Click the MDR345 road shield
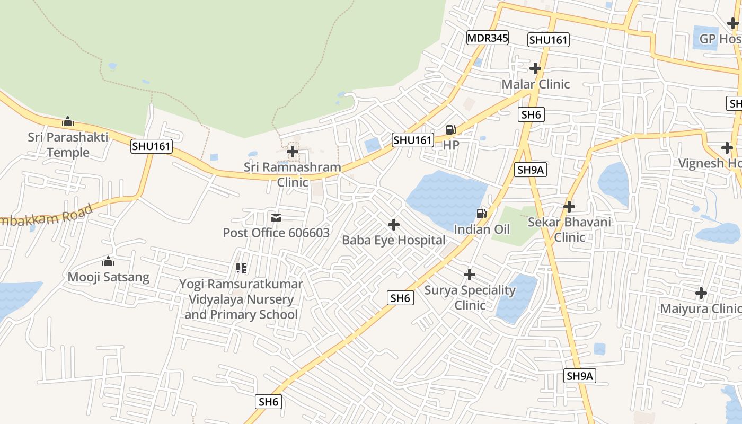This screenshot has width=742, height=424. (x=487, y=38)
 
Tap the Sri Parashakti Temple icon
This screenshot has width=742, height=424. (x=67, y=122)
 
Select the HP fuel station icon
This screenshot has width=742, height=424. (x=450, y=130)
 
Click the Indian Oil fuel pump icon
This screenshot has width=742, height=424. (x=481, y=214)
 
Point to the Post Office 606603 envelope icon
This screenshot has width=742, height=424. (x=276, y=218)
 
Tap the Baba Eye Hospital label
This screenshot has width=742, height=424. (x=393, y=240)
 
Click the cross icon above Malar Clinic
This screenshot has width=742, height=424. (x=535, y=68)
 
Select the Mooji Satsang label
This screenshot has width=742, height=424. (x=108, y=277)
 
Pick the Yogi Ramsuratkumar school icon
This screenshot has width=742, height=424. (x=241, y=268)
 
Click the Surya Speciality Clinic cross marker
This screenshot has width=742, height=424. (x=469, y=275)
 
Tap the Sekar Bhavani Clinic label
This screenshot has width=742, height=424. (x=569, y=229)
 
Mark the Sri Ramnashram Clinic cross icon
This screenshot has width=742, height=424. (x=292, y=152)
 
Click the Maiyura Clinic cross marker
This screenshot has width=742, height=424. (x=701, y=293)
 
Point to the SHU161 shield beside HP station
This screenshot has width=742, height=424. (x=413, y=140)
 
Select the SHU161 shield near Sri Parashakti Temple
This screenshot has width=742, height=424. (x=152, y=146)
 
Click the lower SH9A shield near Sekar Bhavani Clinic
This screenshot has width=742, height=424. (x=580, y=376)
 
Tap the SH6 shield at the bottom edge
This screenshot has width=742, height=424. (x=268, y=402)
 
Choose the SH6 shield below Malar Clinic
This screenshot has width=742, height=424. (x=531, y=114)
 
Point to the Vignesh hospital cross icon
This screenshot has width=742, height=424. (x=727, y=147)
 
